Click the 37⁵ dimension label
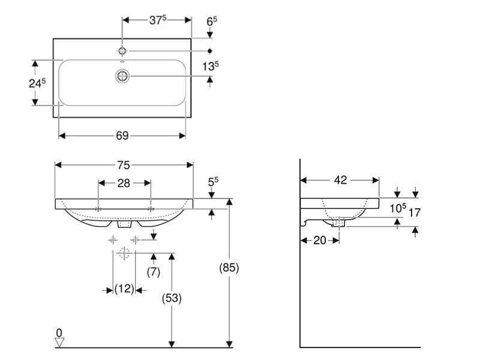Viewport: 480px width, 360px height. pos(158,20)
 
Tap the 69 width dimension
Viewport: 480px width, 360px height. pos(122,136)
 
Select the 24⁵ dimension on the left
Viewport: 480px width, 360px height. pos(37,83)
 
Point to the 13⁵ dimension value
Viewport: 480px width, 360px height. pos(211,66)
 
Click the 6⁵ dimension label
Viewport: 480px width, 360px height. pos(212,22)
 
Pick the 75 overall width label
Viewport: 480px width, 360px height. pos(124,166)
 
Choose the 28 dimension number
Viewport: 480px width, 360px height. pos(124,183)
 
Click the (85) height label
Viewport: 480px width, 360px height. pos(229,268)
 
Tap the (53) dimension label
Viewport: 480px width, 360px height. pos(172,298)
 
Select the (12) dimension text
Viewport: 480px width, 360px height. pos(124,289)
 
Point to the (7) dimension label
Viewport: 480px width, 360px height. pos(154,272)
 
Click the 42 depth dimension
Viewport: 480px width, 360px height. pos(340,180)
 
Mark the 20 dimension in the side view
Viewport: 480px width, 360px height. pos(320,241)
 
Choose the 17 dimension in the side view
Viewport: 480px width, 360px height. pos(415,212)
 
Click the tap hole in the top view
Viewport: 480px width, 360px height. pos(122,51)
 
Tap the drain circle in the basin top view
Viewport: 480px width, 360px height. pos(122,76)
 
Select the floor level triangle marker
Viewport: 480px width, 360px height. pos(59,343)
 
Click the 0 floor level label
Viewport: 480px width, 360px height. pos(59,333)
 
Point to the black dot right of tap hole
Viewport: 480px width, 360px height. pos(209,51)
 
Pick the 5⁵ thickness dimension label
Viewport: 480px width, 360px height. pos(213,182)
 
